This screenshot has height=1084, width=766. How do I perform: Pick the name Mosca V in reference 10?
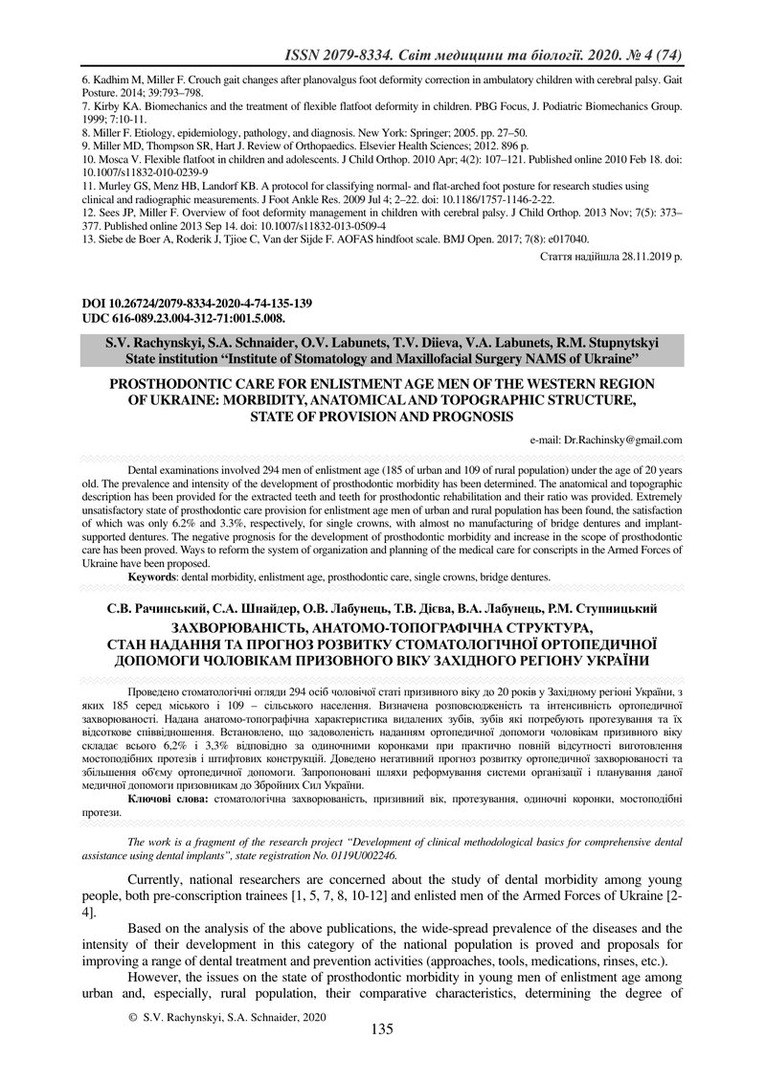pyautogui.click(x=122, y=156)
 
